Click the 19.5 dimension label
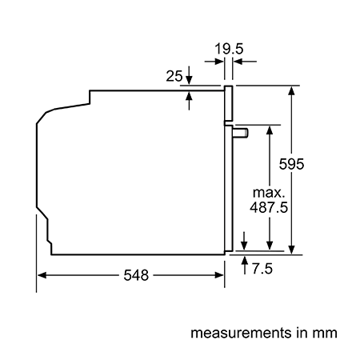229,49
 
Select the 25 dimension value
174,76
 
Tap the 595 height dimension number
291,164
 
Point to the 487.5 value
269,207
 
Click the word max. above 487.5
269,193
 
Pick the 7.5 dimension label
262,268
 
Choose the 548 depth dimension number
136,275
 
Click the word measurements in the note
242,333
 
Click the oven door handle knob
241,133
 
